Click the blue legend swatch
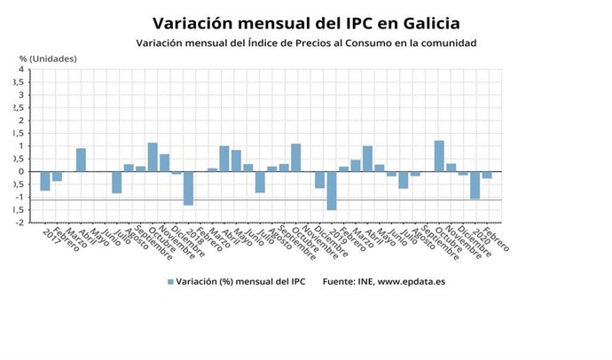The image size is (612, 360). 170,282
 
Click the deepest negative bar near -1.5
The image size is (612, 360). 332,191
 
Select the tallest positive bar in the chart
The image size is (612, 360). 439,156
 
